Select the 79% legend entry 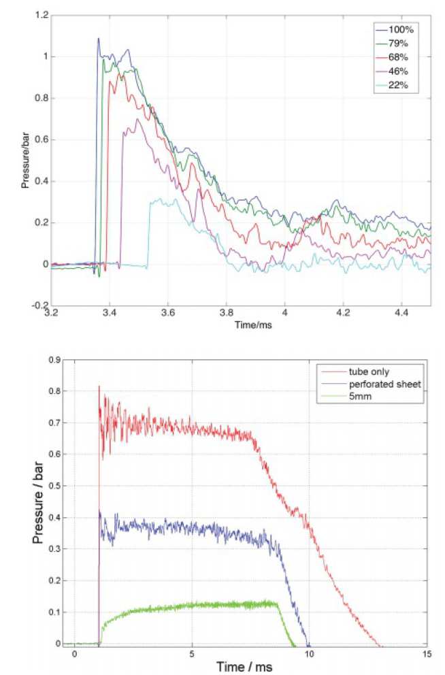click(397, 44)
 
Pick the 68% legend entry click(397, 57)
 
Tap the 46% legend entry click(397, 71)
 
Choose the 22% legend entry click(397, 84)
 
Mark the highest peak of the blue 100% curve click(98, 38)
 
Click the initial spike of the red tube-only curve click(99, 386)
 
